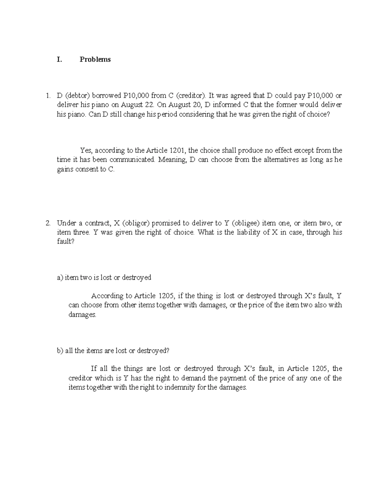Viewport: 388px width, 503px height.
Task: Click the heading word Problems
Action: (x=95, y=60)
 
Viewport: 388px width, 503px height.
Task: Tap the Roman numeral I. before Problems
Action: (x=59, y=60)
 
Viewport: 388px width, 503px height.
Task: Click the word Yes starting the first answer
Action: (x=86, y=151)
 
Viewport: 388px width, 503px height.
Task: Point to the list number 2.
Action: (x=48, y=223)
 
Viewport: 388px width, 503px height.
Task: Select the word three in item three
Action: (x=79, y=233)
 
